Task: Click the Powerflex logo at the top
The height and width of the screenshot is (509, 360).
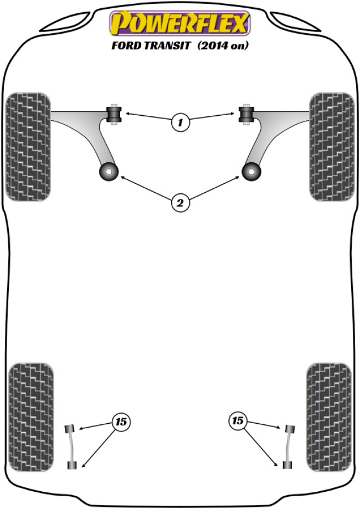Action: [x=180, y=23]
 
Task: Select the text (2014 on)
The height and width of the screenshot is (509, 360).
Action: [x=223, y=45]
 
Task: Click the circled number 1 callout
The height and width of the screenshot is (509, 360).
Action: [x=180, y=122]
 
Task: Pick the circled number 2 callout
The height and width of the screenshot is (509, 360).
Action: [x=180, y=203]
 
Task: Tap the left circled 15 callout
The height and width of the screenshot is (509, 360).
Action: [x=121, y=421]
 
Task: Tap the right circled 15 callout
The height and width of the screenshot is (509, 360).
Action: [x=238, y=421]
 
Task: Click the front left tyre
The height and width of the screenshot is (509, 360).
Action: [x=28, y=147]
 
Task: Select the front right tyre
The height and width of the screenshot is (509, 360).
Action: [x=332, y=147]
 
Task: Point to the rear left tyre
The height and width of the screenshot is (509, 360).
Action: [x=31, y=417]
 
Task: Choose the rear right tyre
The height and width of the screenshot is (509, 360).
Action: [x=329, y=417]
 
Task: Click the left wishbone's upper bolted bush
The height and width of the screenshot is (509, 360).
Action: [x=114, y=114]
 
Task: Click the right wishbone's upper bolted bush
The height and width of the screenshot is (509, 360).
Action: [x=246, y=114]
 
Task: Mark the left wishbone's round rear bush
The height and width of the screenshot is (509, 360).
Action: [x=109, y=172]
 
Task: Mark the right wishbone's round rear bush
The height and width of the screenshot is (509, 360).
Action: [x=251, y=172]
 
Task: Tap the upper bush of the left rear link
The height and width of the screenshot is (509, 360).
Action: [x=70, y=429]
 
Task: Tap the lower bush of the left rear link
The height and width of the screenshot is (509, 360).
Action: [x=72, y=465]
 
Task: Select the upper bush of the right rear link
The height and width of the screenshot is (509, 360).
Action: [x=290, y=429]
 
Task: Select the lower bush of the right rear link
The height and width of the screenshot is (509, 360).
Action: [x=287, y=465]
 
